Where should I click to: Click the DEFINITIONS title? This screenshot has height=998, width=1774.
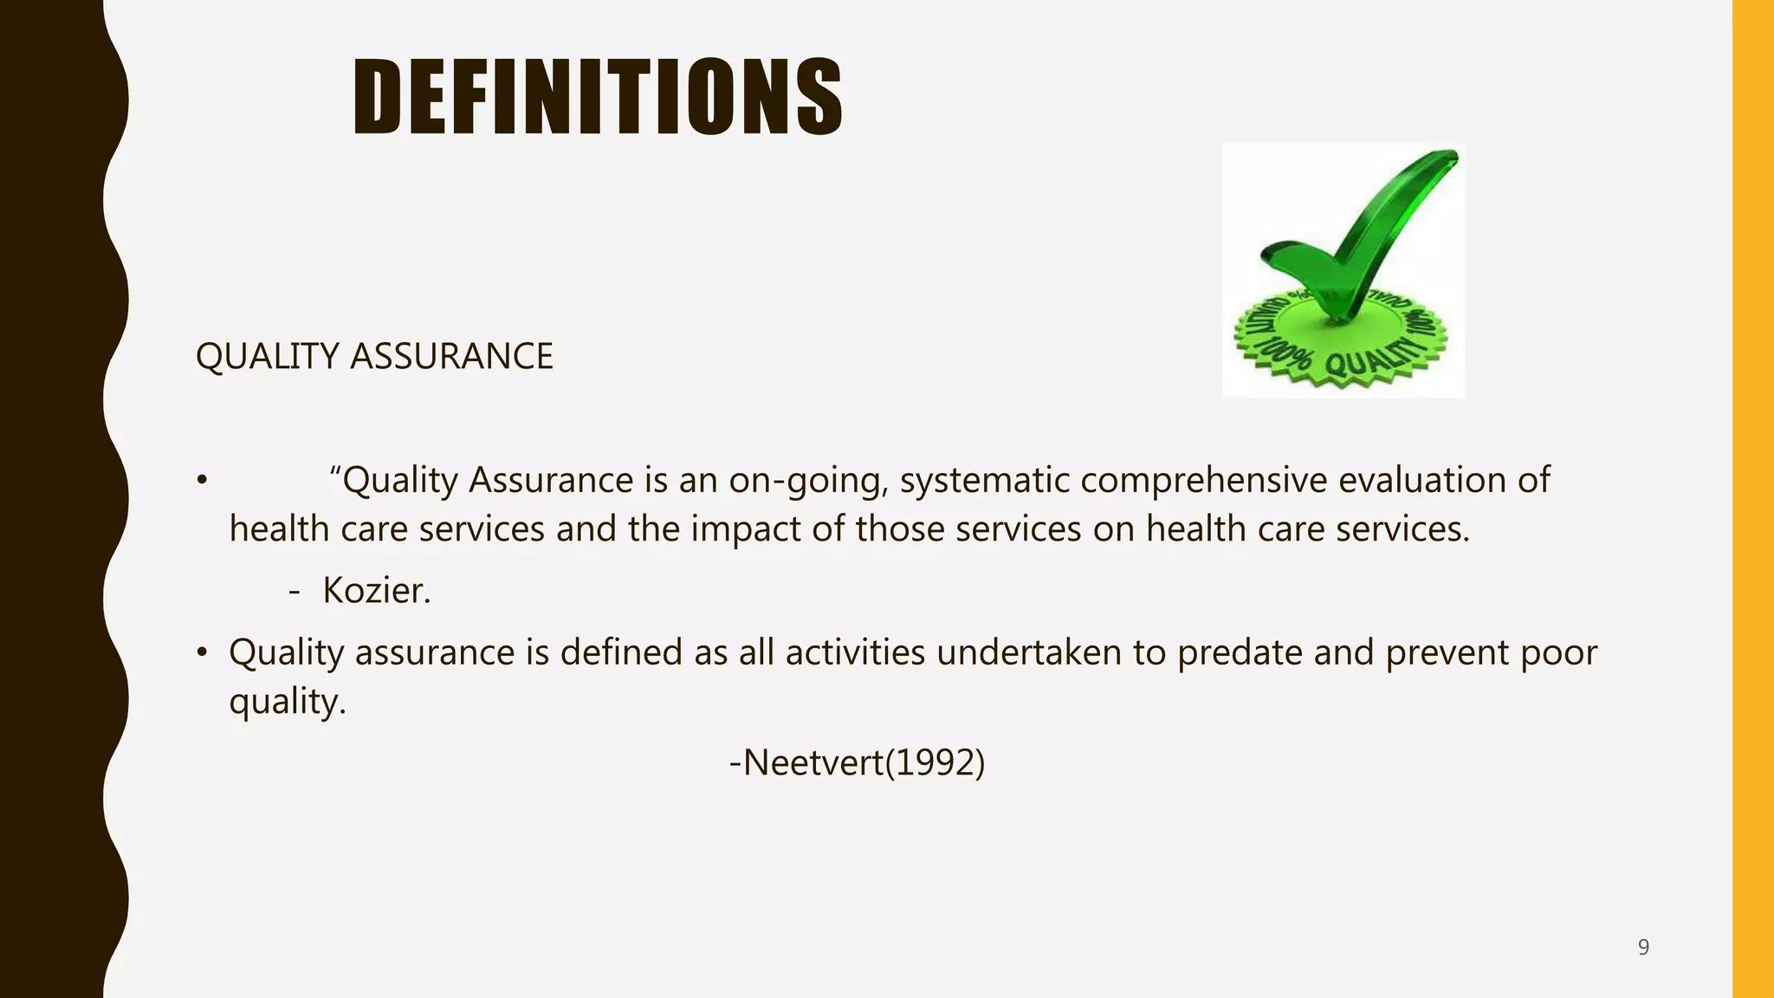pos(598,96)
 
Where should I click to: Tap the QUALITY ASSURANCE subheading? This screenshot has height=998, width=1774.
pos(374,357)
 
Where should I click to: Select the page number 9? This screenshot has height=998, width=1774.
pos(1643,947)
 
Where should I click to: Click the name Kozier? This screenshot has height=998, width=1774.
pos(376,591)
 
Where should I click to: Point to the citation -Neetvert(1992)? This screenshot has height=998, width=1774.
pos(858,763)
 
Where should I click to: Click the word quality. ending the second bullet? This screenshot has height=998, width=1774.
pos(287,702)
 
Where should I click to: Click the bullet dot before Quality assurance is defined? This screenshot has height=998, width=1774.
pos(202,652)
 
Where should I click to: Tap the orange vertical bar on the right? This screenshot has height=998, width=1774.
pos(1752,499)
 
